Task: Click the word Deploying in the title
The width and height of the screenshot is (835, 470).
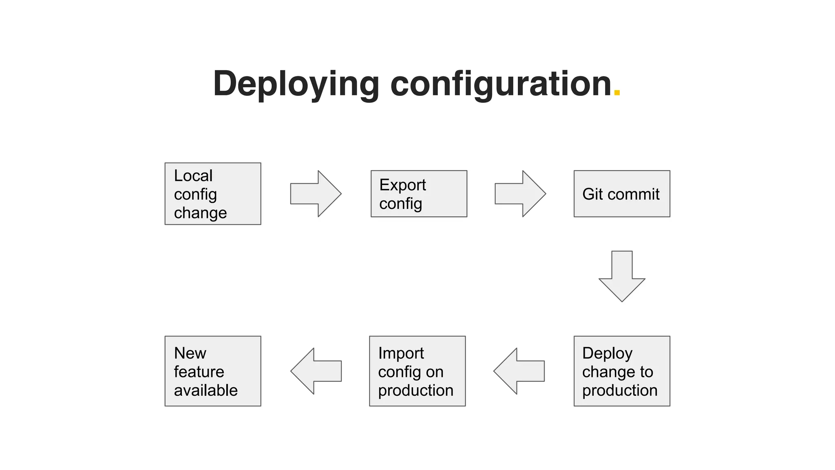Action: pyautogui.click(x=296, y=84)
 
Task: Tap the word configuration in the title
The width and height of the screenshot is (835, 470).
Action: pyautogui.click(x=501, y=84)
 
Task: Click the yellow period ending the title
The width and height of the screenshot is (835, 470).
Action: pyautogui.click(x=616, y=93)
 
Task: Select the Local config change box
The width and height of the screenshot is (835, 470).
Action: pyautogui.click(x=212, y=194)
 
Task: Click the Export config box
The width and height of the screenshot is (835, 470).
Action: pyautogui.click(x=419, y=194)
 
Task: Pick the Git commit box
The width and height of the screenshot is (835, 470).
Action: pyautogui.click(x=621, y=194)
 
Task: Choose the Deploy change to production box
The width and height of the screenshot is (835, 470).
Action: pyautogui.click(x=621, y=371)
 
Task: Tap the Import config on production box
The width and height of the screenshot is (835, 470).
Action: pyautogui.click(x=417, y=371)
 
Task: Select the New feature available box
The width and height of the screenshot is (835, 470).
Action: pyautogui.click(x=212, y=371)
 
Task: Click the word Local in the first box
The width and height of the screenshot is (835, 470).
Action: pyautogui.click(x=193, y=176)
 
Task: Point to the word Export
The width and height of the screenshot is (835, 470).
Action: pyautogui.click(x=402, y=185)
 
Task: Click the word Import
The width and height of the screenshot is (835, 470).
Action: pyautogui.click(x=401, y=353)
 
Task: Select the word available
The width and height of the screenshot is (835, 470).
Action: pyautogui.click(x=205, y=390)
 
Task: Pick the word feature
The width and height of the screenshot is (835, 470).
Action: pyautogui.click(x=199, y=372)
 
